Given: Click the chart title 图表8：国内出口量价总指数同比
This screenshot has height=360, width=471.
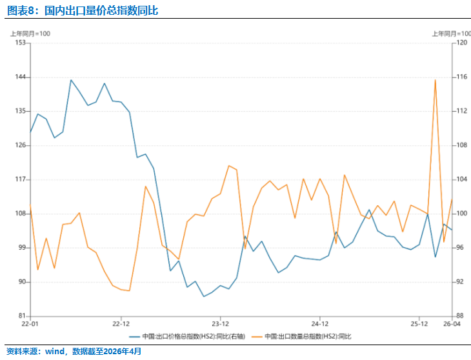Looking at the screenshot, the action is click(x=83, y=10).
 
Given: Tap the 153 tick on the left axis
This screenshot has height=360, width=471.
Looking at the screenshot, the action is click(x=20, y=43).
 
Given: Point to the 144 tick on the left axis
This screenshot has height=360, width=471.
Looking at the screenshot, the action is click(x=20, y=77).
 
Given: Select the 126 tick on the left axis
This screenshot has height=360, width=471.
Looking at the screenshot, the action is click(x=20, y=145).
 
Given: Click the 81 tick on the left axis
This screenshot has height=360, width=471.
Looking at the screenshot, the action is click(x=22, y=315).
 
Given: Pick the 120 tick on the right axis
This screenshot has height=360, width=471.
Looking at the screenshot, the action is click(x=462, y=43).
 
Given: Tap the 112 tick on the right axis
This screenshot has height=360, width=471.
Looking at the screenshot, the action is click(x=462, y=111).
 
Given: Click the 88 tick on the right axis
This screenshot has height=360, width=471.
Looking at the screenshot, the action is click(x=460, y=315).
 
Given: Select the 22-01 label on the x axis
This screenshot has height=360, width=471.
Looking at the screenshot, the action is click(x=30, y=324).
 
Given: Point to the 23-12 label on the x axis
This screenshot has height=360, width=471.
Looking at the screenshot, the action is click(x=220, y=324).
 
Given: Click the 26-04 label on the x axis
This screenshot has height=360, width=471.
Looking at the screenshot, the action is click(x=452, y=324).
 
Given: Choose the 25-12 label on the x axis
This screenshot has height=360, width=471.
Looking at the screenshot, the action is click(x=419, y=324).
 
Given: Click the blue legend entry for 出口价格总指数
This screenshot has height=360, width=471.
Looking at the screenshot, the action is click(x=187, y=337).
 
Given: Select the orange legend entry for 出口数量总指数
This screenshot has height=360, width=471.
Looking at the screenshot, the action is click(x=301, y=337).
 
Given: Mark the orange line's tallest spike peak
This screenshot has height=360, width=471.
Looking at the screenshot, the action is click(x=436, y=80).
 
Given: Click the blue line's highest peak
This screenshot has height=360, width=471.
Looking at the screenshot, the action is click(x=71, y=80).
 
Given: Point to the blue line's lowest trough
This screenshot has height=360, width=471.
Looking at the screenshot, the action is click(x=204, y=296).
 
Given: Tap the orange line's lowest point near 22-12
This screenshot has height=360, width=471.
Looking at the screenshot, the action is click(x=129, y=290).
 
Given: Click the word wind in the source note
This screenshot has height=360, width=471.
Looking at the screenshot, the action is click(x=55, y=352).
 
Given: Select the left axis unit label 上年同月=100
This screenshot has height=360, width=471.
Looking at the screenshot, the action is click(x=30, y=34).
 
